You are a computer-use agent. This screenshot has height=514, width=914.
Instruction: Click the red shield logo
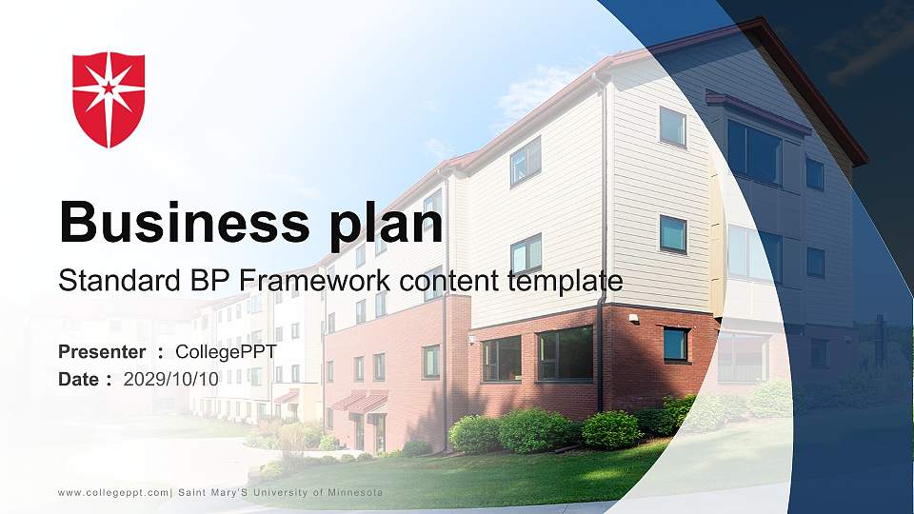tap(109, 99)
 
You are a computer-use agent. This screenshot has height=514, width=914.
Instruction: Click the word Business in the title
tap(177, 223)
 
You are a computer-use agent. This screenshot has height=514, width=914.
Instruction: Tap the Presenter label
tap(102, 352)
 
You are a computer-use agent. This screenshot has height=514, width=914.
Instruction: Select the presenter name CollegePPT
tap(226, 352)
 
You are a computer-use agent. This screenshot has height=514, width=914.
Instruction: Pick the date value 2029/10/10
tap(171, 379)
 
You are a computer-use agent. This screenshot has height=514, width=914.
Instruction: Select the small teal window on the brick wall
tap(675, 344)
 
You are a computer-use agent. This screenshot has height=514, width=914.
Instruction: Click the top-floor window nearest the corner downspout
tap(672, 126)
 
